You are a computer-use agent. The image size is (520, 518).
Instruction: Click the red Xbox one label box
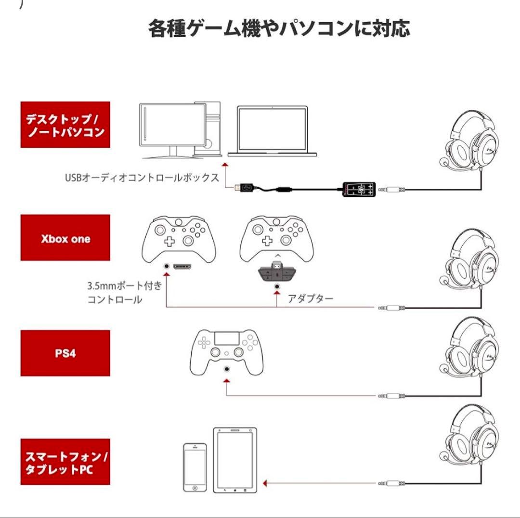coord(65,238)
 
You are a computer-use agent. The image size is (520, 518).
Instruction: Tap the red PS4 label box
coord(65,353)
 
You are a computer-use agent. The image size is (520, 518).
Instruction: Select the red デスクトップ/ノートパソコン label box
coord(65,124)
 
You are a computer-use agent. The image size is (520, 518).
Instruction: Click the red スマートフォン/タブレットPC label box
coord(65,462)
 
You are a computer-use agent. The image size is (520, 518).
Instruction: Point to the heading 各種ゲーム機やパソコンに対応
coord(279,28)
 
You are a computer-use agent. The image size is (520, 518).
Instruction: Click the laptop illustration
coord(273,131)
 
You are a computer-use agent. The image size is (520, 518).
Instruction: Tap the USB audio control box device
coord(358,189)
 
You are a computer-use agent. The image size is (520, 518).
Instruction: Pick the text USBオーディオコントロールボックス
coord(142,177)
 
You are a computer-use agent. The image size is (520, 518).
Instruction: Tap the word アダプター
coord(310,298)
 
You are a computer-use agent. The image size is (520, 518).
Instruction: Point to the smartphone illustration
coord(195,466)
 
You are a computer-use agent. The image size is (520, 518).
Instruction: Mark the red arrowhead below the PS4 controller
coord(226,380)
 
